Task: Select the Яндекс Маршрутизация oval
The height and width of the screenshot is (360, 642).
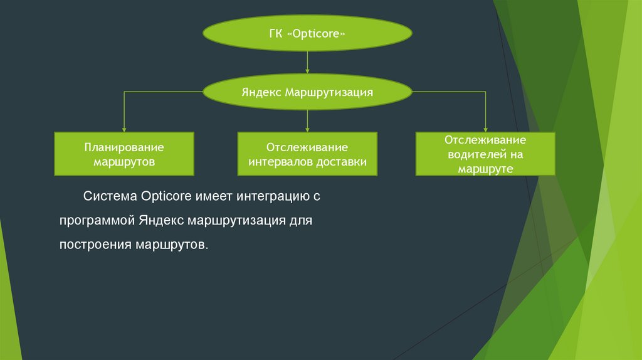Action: pyautogui.click(x=307, y=93)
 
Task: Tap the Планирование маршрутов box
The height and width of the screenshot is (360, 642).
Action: pyautogui.click(x=124, y=154)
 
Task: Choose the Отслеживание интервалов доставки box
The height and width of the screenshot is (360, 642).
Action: pyautogui.click(x=307, y=154)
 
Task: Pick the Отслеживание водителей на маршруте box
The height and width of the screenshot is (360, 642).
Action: pyautogui.click(x=485, y=154)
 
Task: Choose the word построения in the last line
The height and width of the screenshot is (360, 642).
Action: pyautogui.click(x=94, y=245)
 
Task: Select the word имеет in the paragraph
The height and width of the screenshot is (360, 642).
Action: pyautogui.click(x=213, y=196)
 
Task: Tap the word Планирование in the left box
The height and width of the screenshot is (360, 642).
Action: pyautogui.click(x=124, y=147)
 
